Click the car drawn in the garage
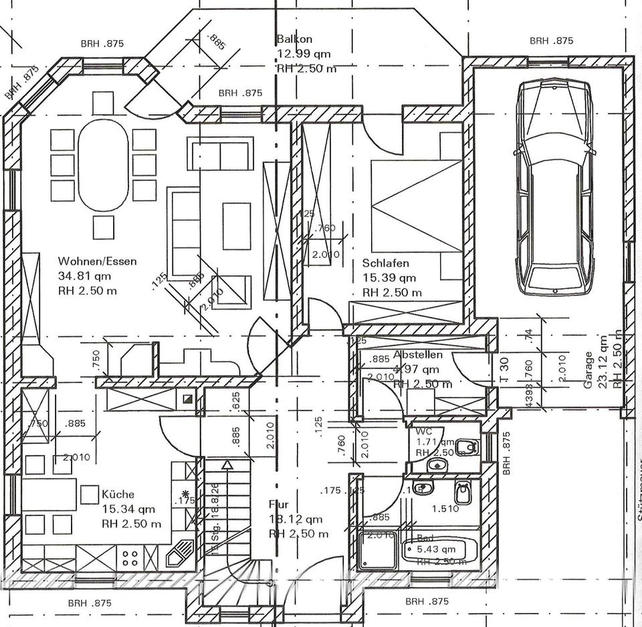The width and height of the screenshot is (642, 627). click(x=553, y=187)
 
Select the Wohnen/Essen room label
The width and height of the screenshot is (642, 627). click(x=97, y=261)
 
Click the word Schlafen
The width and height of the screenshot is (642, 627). click(x=386, y=263)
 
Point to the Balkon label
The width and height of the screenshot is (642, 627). click(x=294, y=39)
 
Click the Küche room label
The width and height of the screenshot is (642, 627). click(x=118, y=495)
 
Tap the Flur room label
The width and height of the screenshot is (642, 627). click(x=278, y=505)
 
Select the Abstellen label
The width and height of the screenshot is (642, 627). click(x=418, y=355)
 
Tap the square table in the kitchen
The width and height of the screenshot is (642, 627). click(x=90, y=495)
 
